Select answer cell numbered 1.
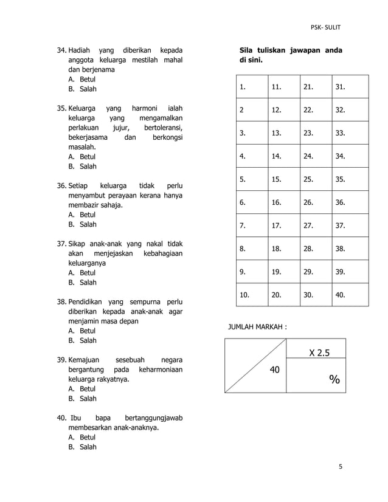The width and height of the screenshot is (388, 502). pyautogui.click(x=251, y=87)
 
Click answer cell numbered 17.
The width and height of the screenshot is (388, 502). pyautogui.click(x=283, y=225)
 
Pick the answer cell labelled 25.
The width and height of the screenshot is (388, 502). pyautogui.click(x=316, y=179)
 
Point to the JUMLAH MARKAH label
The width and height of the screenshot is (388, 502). pyautogui.click(x=257, y=327)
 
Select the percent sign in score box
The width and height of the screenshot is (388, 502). pyautogui.click(x=334, y=380)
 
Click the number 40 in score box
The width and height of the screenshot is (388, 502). pyautogui.click(x=274, y=369)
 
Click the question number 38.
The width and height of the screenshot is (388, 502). pyautogui.click(x=61, y=302)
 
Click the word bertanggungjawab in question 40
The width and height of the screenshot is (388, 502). pyautogui.click(x=154, y=418)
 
